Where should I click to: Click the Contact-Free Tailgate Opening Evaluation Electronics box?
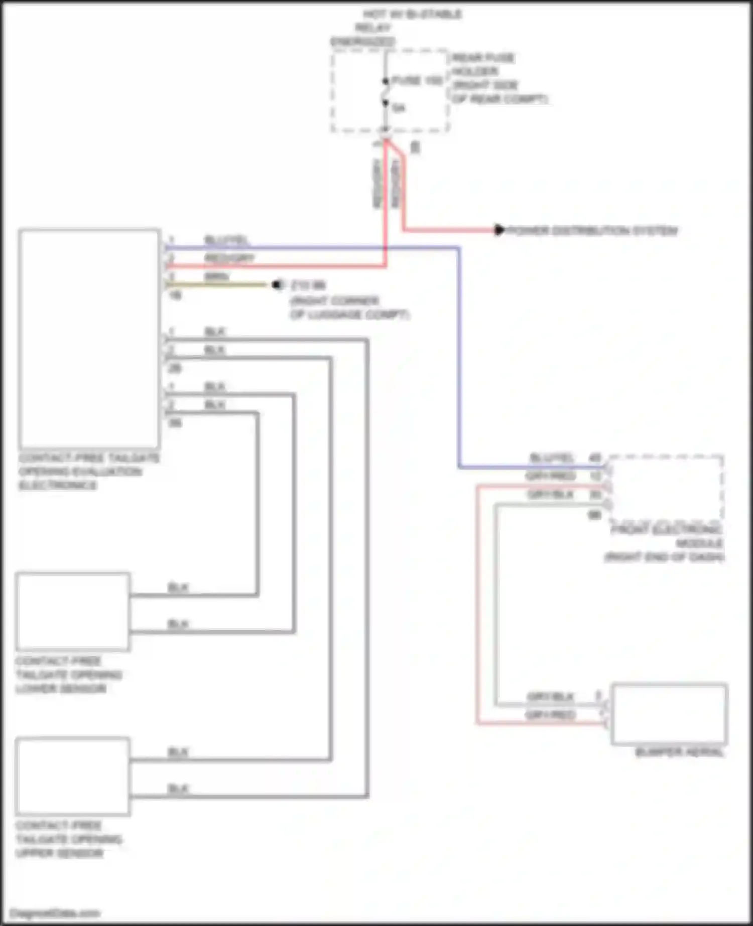click(x=89, y=339)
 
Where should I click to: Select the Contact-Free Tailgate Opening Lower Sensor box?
click(x=73, y=611)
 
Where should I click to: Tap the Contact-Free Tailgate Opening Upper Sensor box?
click(x=73, y=776)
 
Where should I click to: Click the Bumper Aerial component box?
click(x=669, y=713)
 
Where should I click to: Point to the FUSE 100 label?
click(x=417, y=81)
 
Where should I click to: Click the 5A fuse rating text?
click(x=399, y=108)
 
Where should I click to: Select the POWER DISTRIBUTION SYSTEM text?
click(x=592, y=231)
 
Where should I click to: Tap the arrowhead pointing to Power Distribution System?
click(x=499, y=230)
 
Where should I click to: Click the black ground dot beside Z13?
click(x=277, y=285)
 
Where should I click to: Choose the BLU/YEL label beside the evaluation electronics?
click(x=226, y=240)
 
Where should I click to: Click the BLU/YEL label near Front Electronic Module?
click(x=551, y=458)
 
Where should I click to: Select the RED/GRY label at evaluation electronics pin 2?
click(x=229, y=258)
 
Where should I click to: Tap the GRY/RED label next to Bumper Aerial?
click(x=551, y=715)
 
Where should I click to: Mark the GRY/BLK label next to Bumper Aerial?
click(x=551, y=697)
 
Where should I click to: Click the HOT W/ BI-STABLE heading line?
click(x=412, y=14)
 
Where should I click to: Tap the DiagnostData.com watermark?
click(x=55, y=913)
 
